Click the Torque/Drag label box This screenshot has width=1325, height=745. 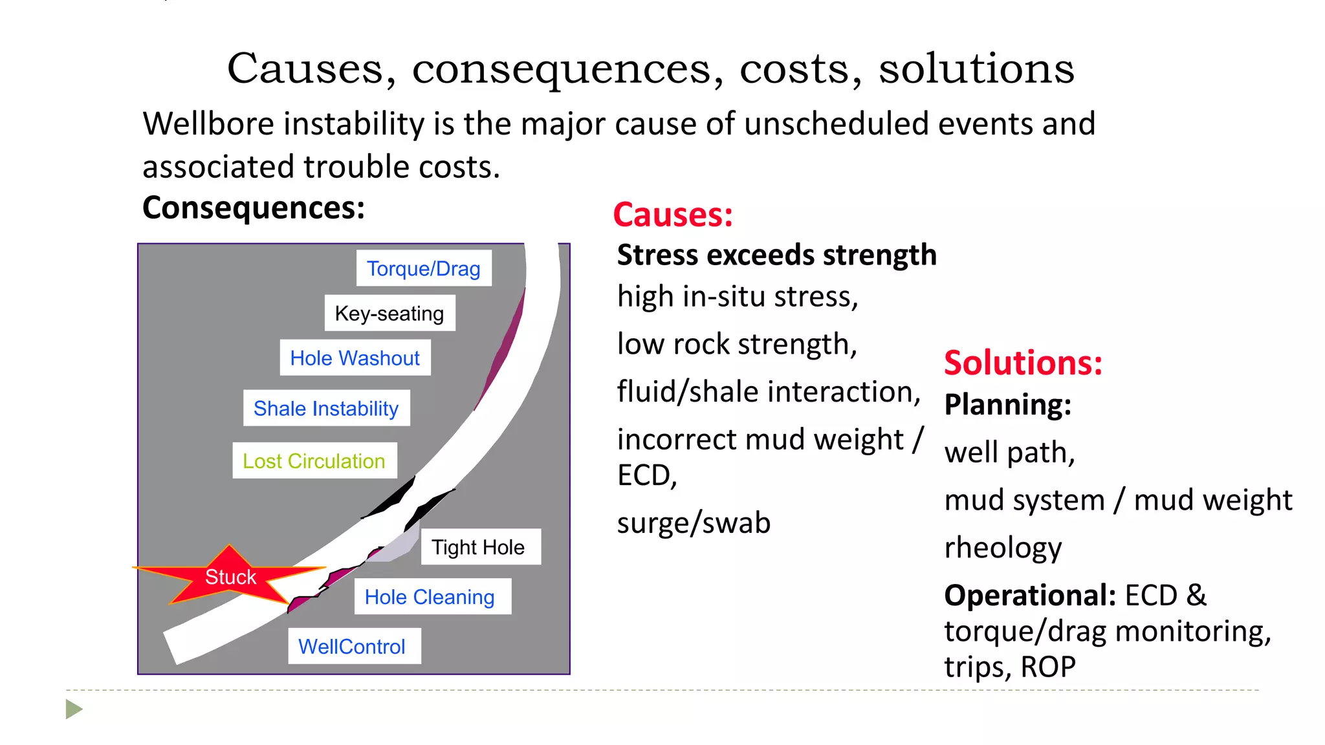[424, 268]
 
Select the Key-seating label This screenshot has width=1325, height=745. [389, 314]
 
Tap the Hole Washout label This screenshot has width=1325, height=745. [355, 358]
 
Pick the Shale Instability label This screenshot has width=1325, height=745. [326, 409]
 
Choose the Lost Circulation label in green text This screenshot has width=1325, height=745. [314, 461]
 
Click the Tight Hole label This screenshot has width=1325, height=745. [479, 548]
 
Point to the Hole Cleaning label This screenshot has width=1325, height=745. [430, 597]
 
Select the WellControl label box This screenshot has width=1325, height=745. [353, 647]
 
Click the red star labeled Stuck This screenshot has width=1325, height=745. [230, 576]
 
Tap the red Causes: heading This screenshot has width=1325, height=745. [673, 215]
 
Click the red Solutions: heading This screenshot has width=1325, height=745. [1023, 363]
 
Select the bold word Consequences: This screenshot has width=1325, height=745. [254, 208]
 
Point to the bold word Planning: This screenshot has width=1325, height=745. [1007, 405]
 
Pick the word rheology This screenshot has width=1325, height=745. [1003, 548]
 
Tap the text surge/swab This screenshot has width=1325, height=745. [694, 523]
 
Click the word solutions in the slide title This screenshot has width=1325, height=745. [976, 69]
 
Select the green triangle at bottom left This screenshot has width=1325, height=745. [74, 709]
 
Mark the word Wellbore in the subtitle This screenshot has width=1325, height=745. [208, 124]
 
